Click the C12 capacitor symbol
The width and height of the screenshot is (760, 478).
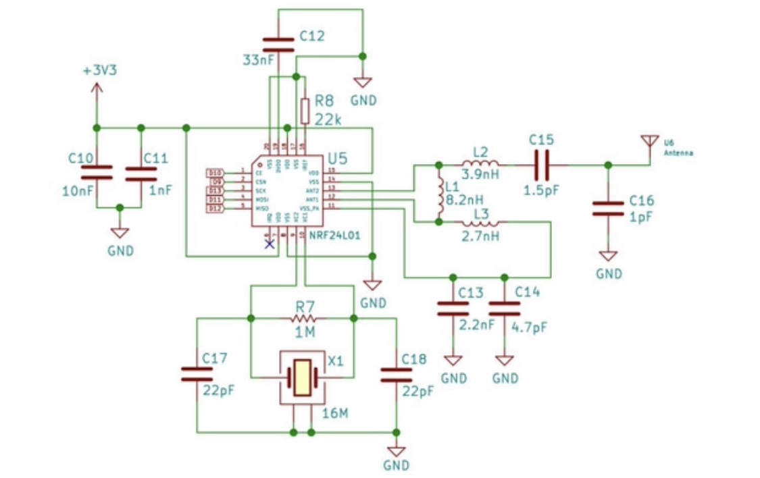[278, 45]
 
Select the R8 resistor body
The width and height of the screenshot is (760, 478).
[305, 110]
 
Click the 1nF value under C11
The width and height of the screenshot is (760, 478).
[160, 190]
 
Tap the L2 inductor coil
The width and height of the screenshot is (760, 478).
[480, 164]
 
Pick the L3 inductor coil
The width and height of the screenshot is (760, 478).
[480, 223]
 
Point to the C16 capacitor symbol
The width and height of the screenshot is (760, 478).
[608, 208]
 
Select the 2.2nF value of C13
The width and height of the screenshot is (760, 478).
[477, 325]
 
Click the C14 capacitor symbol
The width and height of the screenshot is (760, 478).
[504, 309]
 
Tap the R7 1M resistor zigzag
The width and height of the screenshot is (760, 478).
[302, 317]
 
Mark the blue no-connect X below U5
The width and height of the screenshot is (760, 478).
[270, 244]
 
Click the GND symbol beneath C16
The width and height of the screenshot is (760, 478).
[609, 257]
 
